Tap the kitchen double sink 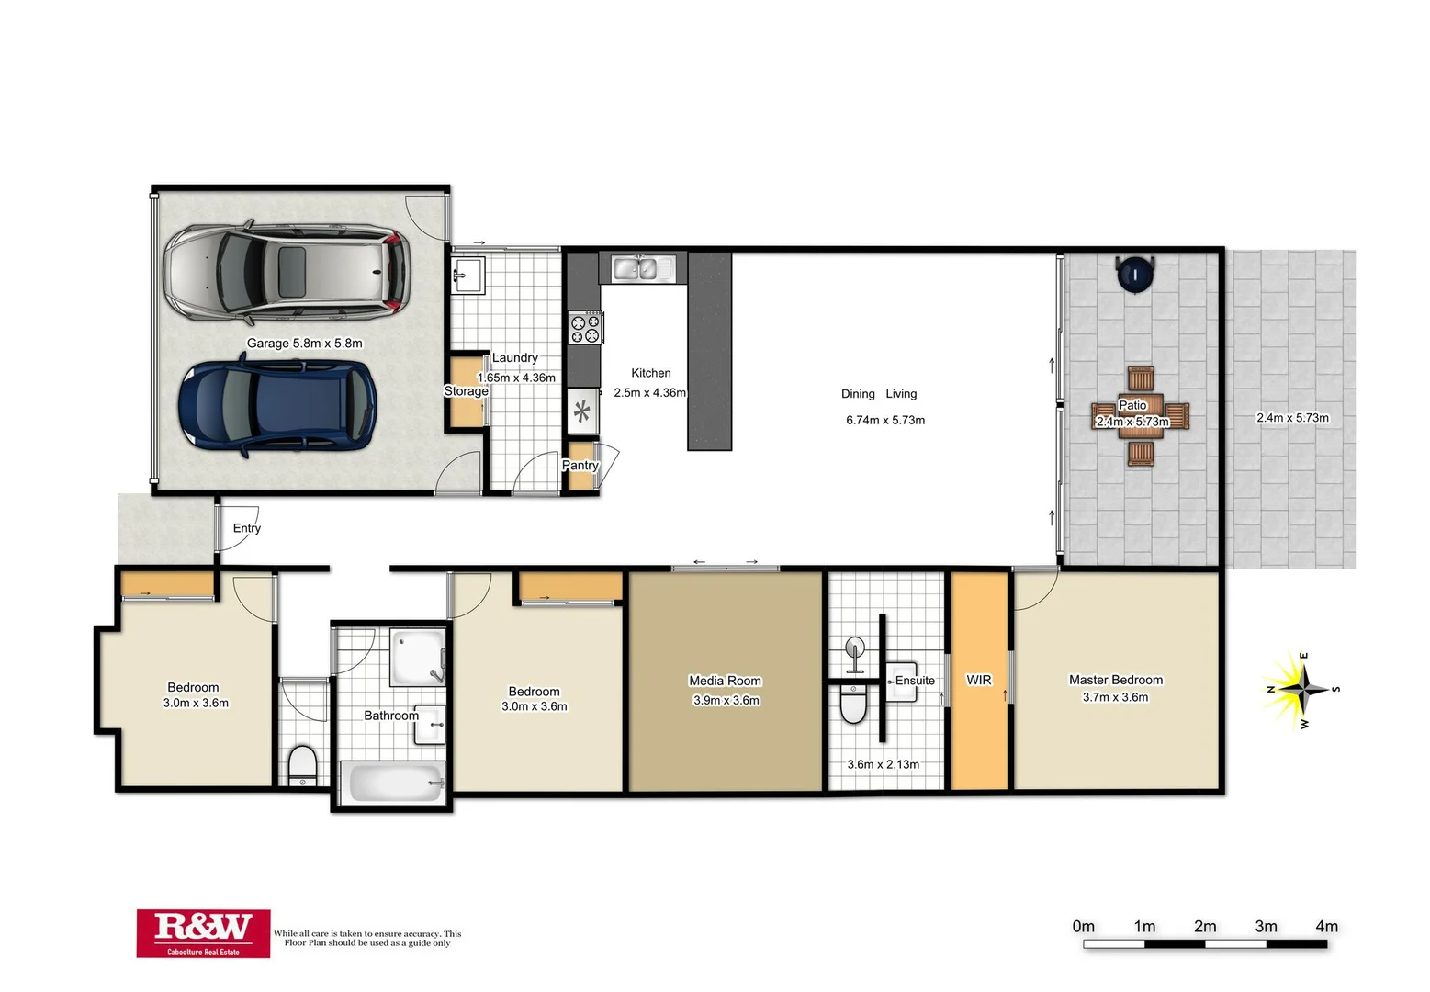(636, 268)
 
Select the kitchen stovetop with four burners (584, 328)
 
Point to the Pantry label (580, 466)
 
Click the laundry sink (467, 275)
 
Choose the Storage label (466, 391)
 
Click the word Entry (246, 528)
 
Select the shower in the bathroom (418, 657)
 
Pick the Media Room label (725, 681)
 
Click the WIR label (978, 680)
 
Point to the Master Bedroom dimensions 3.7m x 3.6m (1115, 697)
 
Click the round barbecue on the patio (1136, 273)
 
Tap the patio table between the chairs (1140, 415)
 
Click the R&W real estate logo (203, 932)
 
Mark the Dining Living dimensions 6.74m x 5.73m (885, 420)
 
